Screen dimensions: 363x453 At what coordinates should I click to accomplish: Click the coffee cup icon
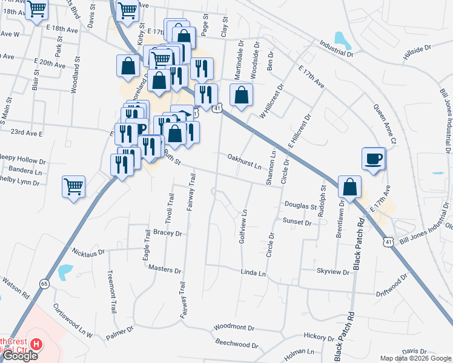(374, 159)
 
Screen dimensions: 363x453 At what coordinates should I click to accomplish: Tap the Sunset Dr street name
(296, 223)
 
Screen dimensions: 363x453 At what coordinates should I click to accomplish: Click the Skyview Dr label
(333, 272)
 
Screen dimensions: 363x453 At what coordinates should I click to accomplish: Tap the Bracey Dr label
(167, 232)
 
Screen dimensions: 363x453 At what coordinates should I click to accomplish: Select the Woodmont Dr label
(234, 327)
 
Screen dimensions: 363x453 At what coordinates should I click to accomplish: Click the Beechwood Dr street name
(237, 344)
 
